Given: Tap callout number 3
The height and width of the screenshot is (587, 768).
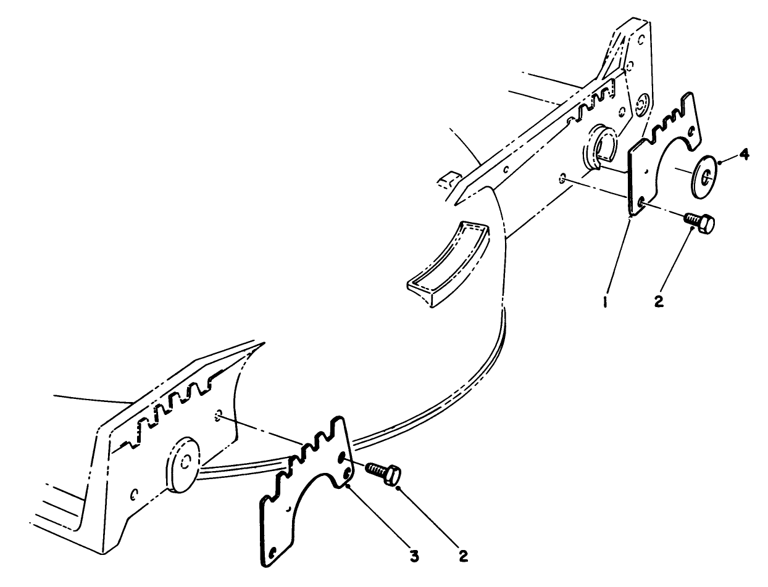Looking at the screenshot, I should (415, 556).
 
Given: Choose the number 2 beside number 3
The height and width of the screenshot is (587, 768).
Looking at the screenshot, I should (464, 556).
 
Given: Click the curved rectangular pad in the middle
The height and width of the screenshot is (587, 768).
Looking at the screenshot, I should (449, 265).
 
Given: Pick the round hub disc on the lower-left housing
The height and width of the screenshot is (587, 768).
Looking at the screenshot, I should (182, 464).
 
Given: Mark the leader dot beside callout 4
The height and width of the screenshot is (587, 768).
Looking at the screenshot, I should (720, 162).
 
